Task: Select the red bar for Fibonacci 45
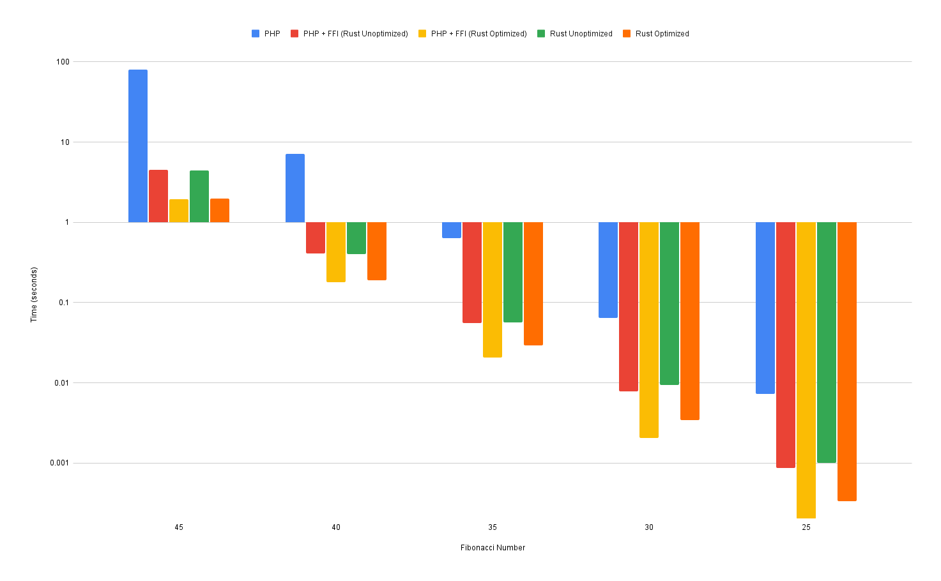(158, 196)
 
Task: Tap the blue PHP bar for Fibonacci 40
(295, 188)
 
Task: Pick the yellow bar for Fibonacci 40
(336, 252)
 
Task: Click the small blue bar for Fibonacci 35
(452, 230)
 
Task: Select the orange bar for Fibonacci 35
(533, 283)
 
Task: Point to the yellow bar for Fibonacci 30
(649, 329)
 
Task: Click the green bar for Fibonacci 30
(669, 303)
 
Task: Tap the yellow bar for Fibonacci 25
(806, 370)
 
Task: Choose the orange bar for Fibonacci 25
(847, 361)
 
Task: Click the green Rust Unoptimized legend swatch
(541, 34)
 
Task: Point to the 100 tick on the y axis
(63, 62)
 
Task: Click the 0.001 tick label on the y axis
(59, 463)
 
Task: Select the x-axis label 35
(493, 527)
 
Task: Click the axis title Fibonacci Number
(493, 548)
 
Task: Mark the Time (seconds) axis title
(34, 294)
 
